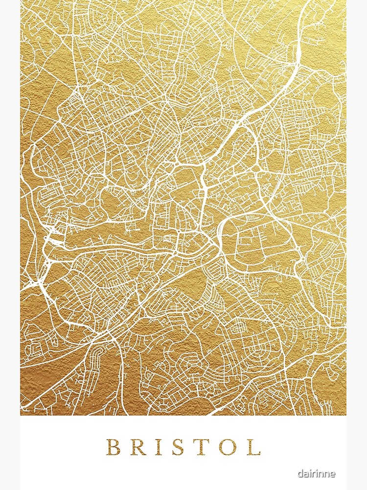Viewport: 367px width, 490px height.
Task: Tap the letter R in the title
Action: coord(138,447)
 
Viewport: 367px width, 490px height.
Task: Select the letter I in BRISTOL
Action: coord(160,447)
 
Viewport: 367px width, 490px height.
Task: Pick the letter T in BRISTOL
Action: coord(203,447)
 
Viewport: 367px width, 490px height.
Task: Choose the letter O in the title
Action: coord(229,447)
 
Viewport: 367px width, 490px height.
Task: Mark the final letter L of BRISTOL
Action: coord(253,447)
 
